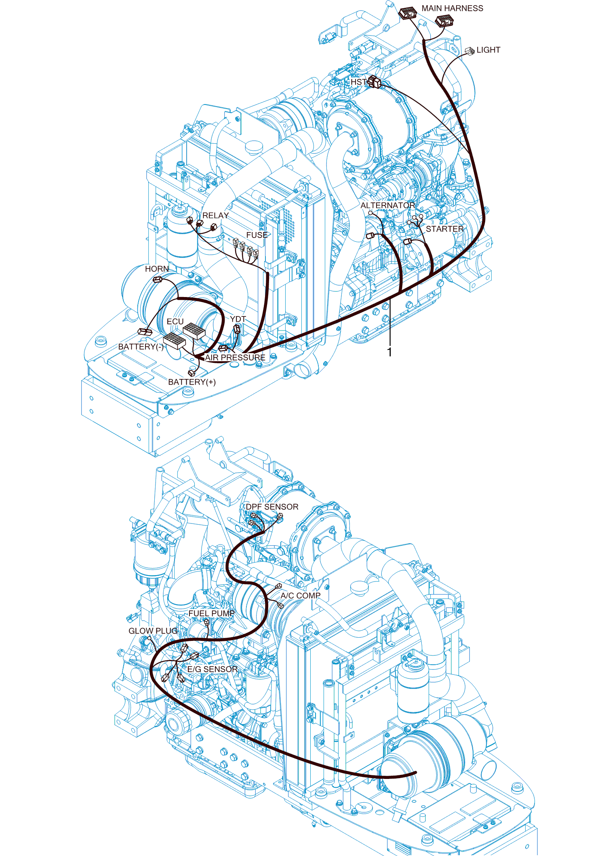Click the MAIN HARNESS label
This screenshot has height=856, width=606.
[x=452, y=8]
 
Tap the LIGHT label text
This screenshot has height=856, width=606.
[x=488, y=50]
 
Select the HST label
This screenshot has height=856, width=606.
[x=358, y=82]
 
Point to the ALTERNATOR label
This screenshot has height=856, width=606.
[x=388, y=205]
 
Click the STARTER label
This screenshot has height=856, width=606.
[x=445, y=229]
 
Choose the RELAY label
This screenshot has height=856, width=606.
[x=216, y=216]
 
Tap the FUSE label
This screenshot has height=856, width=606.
[x=257, y=235]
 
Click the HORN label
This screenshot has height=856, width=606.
[x=157, y=269]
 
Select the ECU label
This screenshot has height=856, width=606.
[x=175, y=321]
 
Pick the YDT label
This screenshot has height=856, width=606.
[x=238, y=319]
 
